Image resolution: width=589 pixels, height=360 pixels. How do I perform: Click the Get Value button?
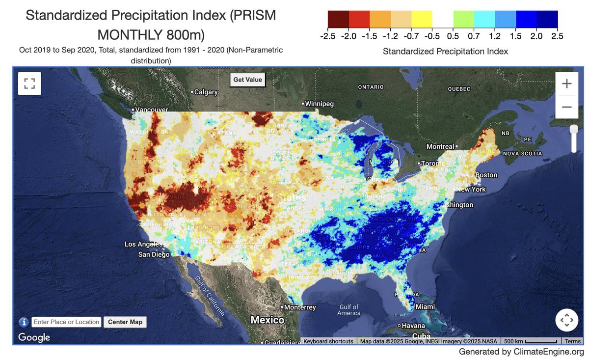point(247,80)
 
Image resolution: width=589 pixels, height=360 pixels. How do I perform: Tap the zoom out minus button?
point(566,107)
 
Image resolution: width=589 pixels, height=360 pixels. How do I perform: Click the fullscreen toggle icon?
point(29,83)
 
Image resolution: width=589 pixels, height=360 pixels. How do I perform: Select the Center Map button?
point(125,322)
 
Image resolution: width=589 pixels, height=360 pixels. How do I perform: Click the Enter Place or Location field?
point(67,322)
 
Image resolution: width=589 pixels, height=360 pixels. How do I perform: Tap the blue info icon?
point(24,322)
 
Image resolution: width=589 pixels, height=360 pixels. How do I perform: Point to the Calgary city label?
point(206,92)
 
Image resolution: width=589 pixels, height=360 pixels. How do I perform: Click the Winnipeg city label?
point(319,104)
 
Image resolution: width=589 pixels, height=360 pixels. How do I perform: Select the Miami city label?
point(425,307)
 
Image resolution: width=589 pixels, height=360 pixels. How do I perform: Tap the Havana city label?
point(413,326)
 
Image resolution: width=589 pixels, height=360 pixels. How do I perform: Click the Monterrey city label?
point(299,307)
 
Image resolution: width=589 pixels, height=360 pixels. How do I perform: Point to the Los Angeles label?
point(143,244)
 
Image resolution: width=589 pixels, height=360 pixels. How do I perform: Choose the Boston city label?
point(486,175)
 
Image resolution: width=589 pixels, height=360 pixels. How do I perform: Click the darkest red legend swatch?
point(338,19)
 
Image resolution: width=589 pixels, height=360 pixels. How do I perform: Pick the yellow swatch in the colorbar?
point(422,19)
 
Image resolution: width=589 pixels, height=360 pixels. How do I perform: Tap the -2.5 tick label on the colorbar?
point(327,36)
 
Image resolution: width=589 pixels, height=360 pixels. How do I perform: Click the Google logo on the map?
point(34,337)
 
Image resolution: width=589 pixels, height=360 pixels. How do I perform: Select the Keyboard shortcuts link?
point(328,341)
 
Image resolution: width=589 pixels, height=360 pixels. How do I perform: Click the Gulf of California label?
point(210,296)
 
